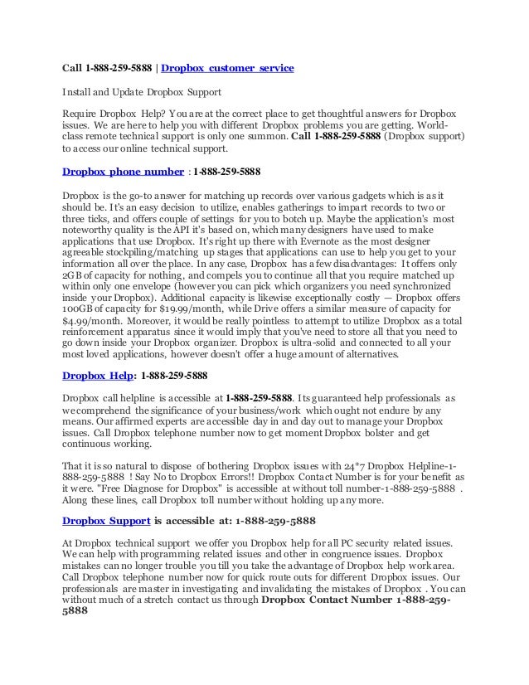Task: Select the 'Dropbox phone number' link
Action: click(124, 172)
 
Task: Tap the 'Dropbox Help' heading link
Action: click(95, 375)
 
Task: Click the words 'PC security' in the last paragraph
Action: click(346, 542)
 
